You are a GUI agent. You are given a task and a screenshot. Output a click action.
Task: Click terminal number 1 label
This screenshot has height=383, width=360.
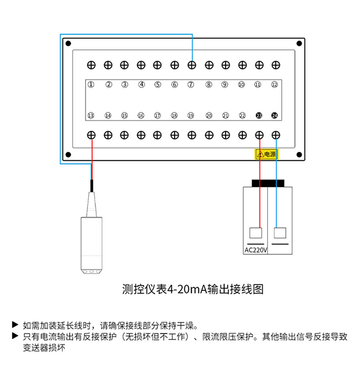pos(91,84)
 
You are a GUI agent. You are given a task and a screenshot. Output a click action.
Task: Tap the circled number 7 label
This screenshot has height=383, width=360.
pos(191,84)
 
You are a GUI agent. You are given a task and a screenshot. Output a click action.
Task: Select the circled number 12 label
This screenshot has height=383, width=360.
pos(274,85)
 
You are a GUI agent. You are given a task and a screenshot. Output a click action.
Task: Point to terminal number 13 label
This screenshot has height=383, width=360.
pos(91,116)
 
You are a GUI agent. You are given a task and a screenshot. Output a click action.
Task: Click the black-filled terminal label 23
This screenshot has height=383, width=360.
pos(259,116)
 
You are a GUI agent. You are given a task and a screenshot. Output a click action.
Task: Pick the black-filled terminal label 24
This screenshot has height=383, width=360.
pos(274,116)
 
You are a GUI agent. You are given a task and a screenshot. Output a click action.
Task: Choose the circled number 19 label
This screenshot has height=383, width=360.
pos(191,116)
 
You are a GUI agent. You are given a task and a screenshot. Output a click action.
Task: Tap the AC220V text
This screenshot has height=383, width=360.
pos(256,250)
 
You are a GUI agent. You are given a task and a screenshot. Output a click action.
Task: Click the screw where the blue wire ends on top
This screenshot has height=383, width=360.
pos(192,65)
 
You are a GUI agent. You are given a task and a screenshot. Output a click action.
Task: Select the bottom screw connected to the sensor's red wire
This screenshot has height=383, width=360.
pos(91,135)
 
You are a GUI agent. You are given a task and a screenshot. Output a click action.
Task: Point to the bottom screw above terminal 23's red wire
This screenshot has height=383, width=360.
pos(259,135)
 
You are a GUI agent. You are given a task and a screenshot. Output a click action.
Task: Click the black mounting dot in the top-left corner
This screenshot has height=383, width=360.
pos(68,44)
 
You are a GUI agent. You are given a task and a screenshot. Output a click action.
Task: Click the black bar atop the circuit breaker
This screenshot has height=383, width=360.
pos(268,183)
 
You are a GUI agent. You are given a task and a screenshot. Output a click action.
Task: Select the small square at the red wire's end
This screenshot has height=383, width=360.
pos(257,233)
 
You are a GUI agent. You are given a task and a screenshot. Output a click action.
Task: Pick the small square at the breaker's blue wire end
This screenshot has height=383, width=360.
pos(280,233)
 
